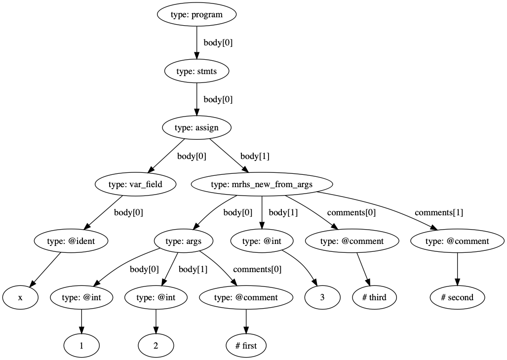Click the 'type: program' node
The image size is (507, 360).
[196, 14]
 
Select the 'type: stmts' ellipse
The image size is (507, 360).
[196, 71]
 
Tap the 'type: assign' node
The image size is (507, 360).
[196, 128]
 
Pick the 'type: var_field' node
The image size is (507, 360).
[135, 185]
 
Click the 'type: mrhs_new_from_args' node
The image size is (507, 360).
[262, 185]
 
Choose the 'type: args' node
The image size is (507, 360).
[184, 241]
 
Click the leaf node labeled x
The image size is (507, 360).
[20, 298]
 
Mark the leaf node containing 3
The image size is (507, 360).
[322, 298]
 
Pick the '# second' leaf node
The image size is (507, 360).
[457, 298]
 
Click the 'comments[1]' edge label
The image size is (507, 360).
[438, 213]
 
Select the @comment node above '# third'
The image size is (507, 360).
[351, 241]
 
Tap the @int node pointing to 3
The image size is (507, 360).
[262, 241]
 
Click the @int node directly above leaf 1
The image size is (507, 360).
[81, 298]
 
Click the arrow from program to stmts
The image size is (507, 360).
[196, 42]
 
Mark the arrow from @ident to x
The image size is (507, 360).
[46, 269]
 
